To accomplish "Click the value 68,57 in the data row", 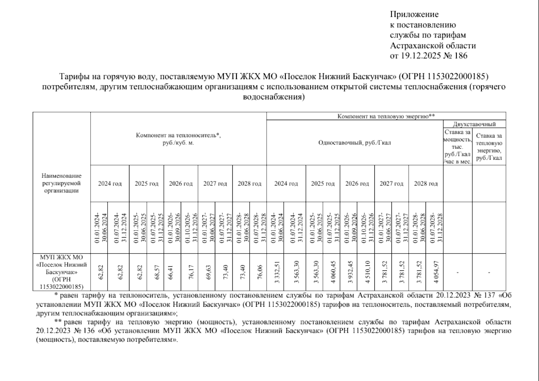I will [x=155, y=272].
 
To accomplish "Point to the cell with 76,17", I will [x=189, y=272].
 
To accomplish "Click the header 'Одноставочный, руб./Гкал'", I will [x=355, y=143].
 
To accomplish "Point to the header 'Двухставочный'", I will [x=474, y=124].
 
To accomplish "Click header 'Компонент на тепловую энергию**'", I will [x=386, y=116].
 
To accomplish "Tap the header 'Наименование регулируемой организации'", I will [x=61, y=183].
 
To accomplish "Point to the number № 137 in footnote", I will [x=484, y=296].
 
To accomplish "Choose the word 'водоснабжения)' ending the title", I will [x=274, y=97].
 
